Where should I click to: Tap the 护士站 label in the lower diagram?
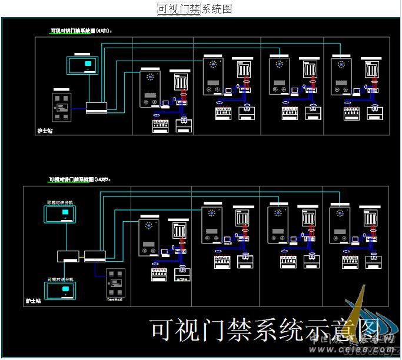click(x=33, y=301)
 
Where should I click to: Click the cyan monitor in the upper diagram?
click(x=87, y=64)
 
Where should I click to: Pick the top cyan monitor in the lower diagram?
click(x=61, y=214)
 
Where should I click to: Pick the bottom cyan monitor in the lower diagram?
click(x=61, y=290)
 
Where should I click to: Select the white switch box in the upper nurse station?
click(x=97, y=107)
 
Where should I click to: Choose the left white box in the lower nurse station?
click(x=68, y=256)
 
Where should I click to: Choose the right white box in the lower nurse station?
click(x=95, y=256)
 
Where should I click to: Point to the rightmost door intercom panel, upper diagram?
click(x=341, y=76)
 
